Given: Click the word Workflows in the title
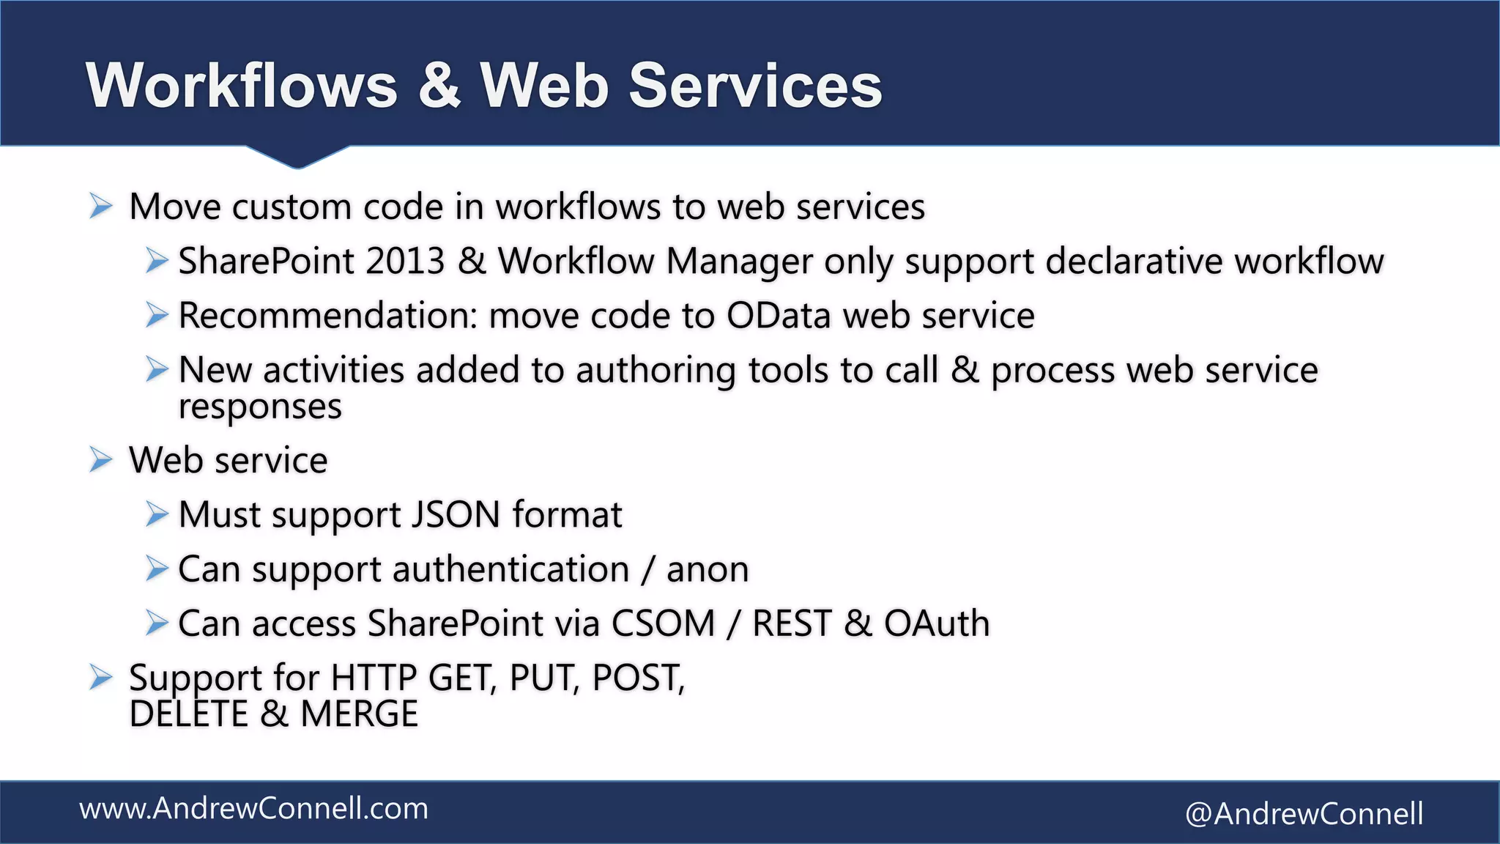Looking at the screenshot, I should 242,86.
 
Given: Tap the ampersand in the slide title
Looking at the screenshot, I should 439,86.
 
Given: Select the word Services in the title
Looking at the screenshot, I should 755,86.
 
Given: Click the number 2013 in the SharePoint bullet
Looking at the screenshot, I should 405,262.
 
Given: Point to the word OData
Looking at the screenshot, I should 779,316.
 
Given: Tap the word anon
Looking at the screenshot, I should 708,569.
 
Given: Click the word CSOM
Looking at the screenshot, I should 663,623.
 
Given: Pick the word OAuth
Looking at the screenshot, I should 937,623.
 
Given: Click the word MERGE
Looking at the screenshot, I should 359,714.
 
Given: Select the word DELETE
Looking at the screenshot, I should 189,714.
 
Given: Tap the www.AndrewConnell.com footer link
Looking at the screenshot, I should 253,809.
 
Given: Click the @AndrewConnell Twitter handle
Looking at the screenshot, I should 1304,814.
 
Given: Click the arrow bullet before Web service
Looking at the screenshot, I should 100,460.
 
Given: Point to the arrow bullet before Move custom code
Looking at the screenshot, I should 100,207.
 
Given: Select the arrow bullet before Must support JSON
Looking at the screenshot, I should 156,514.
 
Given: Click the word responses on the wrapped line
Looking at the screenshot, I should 260,407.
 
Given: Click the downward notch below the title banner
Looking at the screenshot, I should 297,157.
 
